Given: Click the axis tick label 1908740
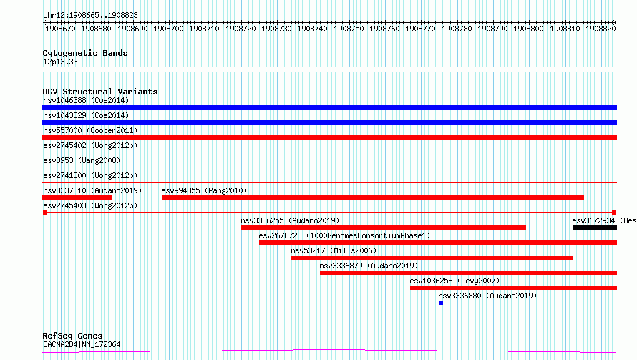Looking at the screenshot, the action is click(312, 29).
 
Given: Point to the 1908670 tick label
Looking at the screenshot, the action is click(60, 29).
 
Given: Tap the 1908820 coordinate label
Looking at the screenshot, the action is click(600, 29).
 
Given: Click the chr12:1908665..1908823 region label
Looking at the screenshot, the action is click(90, 15).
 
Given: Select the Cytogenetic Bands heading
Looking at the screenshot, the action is click(85, 53).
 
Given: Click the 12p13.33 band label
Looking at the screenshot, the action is click(60, 62).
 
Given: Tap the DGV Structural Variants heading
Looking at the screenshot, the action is click(100, 92).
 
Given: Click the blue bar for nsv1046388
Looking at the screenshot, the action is click(329, 107).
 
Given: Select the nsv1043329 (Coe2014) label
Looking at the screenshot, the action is click(86, 115).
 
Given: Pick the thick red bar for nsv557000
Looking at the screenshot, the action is click(329, 137).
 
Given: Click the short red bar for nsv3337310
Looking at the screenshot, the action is click(77, 198).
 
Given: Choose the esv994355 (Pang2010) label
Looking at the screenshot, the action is click(204, 190).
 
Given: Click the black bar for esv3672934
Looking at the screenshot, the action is click(595, 228).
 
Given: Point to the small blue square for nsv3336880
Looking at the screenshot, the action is click(441, 303).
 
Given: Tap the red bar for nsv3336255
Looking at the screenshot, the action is click(384, 228).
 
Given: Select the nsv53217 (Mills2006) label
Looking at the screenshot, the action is click(334, 250).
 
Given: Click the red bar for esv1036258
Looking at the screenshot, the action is click(513, 288).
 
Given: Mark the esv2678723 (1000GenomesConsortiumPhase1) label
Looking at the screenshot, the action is click(344, 235).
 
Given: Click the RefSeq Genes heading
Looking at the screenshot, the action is click(72, 336).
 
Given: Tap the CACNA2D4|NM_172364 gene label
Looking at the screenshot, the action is click(82, 344).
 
